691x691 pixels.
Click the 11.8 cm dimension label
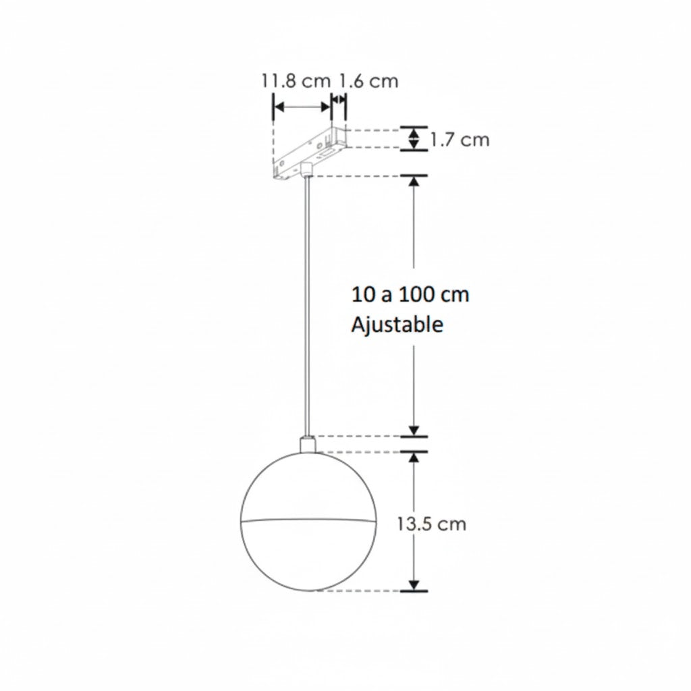coord(296,81)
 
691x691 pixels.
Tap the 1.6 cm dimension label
coord(368,81)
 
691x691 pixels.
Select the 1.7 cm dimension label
coord(460,140)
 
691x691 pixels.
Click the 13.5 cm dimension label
coord(431,524)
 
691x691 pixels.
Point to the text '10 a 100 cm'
coord(410,295)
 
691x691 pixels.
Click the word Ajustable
coord(397,325)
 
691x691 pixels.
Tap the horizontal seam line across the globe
coord(307,520)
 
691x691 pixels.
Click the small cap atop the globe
coord(307,445)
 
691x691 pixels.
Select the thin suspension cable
coord(308,304)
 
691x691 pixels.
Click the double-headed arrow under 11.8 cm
coord(302,107)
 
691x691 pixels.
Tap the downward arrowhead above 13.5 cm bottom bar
coord(414,584)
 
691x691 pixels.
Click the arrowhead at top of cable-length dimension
coord(414,183)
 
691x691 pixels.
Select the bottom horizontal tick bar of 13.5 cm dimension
coord(414,591)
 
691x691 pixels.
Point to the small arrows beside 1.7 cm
coord(414,138)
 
